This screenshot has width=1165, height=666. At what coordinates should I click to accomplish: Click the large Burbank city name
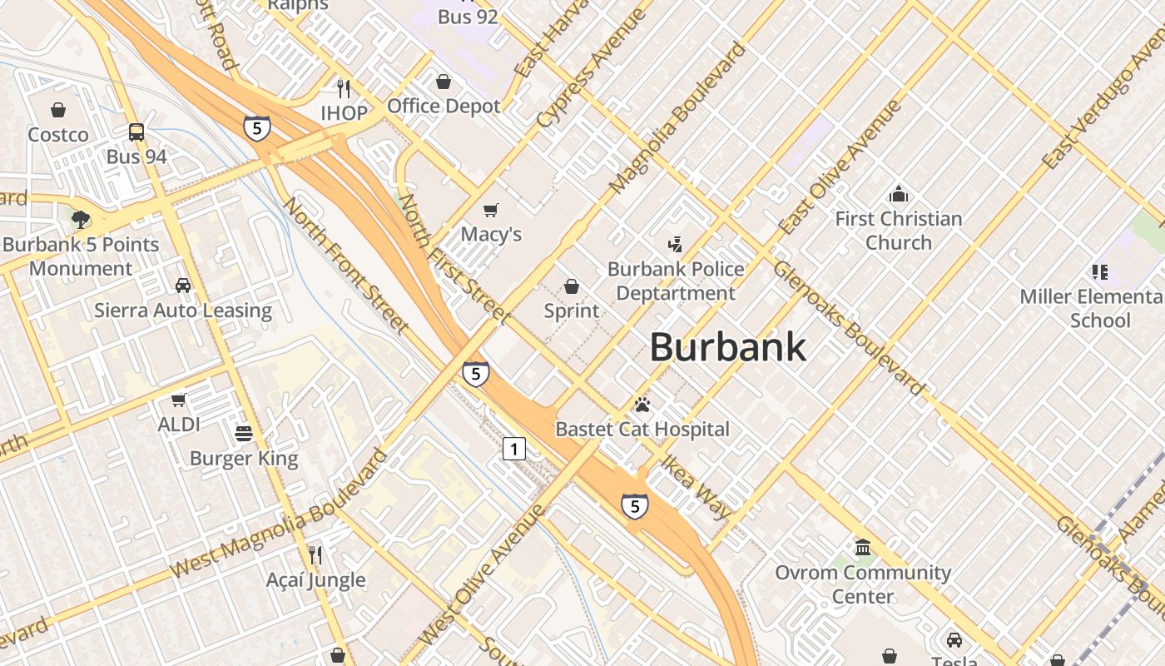pyautogui.click(x=727, y=347)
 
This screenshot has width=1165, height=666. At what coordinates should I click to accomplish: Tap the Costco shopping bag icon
pyautogui.click(x=58, y=110)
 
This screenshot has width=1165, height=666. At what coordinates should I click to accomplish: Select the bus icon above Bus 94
pyautogui.click(x=136, y=132)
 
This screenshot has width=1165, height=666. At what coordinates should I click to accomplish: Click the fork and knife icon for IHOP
pyautogui.click(x=343, y=88)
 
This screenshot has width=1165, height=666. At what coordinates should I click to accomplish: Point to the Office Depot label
pyautogui.click(x=444, y=107)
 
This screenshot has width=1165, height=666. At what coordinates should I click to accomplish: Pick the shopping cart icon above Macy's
pyautogui.click(x=491, y=210)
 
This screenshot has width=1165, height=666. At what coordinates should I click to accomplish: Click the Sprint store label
pyautogui.click(x=571, y=311)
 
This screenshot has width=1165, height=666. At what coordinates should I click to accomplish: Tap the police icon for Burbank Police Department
pyautogui.click(x=675, y=244)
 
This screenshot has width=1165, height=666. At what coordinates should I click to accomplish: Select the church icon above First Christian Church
pyautogui.click(x=898, y=195)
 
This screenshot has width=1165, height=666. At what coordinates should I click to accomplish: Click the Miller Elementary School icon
pyautogui.click(x=1099, y=271)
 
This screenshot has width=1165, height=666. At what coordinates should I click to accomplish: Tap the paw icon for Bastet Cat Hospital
pyautogui.click(x=642, y=405)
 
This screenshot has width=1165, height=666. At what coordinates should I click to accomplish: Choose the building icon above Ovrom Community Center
pyautogui.click(x=863, y=548)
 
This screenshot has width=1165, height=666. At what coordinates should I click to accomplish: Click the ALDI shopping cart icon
pyautogui.click(x=178, y=400)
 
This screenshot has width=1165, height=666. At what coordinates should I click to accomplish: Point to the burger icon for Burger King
pyautogui.click(x=244, y=433)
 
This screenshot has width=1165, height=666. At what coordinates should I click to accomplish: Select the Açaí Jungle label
pyautogui.click(x=315, y=580)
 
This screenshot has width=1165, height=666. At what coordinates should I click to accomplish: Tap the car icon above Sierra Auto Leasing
pyautogui.click(x=182, y=286)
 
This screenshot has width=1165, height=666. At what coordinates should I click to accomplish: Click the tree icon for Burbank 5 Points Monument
pyautogui.click(x=81, y=220)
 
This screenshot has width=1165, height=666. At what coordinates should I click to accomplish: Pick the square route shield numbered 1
pyautogui.click(x=514, y=450)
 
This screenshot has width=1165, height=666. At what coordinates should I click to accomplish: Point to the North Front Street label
pyautogui.click(x=346, y=264)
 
